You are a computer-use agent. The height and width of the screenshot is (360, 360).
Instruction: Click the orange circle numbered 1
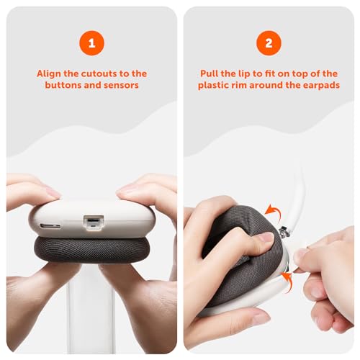point(91,43)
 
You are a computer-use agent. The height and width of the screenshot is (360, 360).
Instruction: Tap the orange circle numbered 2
point(269,43)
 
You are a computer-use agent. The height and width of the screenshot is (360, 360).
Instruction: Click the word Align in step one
point(49,74)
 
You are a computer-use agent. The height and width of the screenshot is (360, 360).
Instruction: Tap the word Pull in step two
point(209,73)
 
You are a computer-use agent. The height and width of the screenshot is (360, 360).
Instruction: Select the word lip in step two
point(244,73)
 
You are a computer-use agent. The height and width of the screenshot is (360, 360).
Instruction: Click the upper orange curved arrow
point(274,212)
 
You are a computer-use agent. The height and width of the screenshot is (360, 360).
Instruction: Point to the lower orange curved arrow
point(288,282)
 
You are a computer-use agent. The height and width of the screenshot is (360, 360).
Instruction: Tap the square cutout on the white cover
point(94,222)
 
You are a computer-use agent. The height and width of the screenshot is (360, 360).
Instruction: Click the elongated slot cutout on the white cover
point(50,226)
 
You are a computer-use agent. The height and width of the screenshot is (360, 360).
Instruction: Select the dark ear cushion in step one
point(91,249)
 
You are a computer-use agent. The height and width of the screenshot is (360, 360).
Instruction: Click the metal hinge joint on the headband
point(284,233)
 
